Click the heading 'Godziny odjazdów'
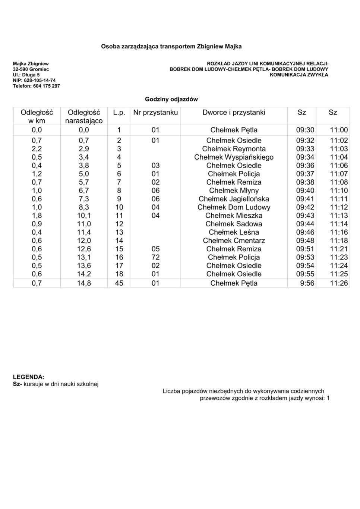(x=171, y=100)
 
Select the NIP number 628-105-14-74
(x=39, y=81)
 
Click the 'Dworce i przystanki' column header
(x=234, y=113)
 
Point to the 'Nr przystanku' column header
(x=155, y=113)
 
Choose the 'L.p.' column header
(x=119, y=113)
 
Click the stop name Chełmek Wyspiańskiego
(x=234, y=157)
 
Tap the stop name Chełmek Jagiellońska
(x=234, y=199)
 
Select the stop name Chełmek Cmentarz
(x=234, y=241)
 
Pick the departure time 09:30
(x=305, y=130)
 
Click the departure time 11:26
(x=339, y=283)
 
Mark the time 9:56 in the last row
(x=307, y=283)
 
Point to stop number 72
(x=155, y=257)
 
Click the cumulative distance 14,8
(x=84, y=283)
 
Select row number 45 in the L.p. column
(x=119, y=283)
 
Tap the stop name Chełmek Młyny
(x=234, y=191)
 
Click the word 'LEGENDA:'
(x=29, y=377)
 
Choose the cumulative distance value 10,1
(x=84, y=216)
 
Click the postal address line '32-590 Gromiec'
(x=31, y=69)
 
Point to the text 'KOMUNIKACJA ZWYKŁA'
(x=299, y=75)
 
